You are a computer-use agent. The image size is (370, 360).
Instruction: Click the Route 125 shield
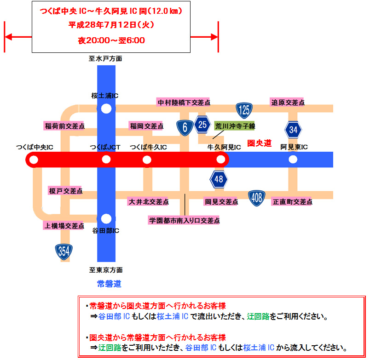point(243,110)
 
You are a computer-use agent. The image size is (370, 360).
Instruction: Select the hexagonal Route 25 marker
point(202,124)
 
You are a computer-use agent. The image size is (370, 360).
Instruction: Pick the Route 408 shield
point(257,198)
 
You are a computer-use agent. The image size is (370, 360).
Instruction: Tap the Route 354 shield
point(64,251)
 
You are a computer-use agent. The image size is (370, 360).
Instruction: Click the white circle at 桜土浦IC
point(106,109)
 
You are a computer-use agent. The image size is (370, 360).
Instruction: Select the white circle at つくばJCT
point(106,160)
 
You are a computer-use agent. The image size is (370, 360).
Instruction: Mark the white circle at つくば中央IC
point(33,160)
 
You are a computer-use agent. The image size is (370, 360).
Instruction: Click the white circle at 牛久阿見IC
point(221,160)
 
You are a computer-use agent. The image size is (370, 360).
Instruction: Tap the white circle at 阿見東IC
point(293,160)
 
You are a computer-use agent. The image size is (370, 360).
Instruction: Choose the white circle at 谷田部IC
point(106,218)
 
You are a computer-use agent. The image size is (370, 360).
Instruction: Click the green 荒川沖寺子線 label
point(236,126)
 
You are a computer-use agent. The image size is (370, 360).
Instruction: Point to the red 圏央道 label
point(260,143)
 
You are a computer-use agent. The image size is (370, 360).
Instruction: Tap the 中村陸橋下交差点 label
point(184,103)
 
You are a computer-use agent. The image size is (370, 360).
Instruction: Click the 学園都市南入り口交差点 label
point(184,221)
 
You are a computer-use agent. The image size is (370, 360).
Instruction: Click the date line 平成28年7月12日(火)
point(111,24)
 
